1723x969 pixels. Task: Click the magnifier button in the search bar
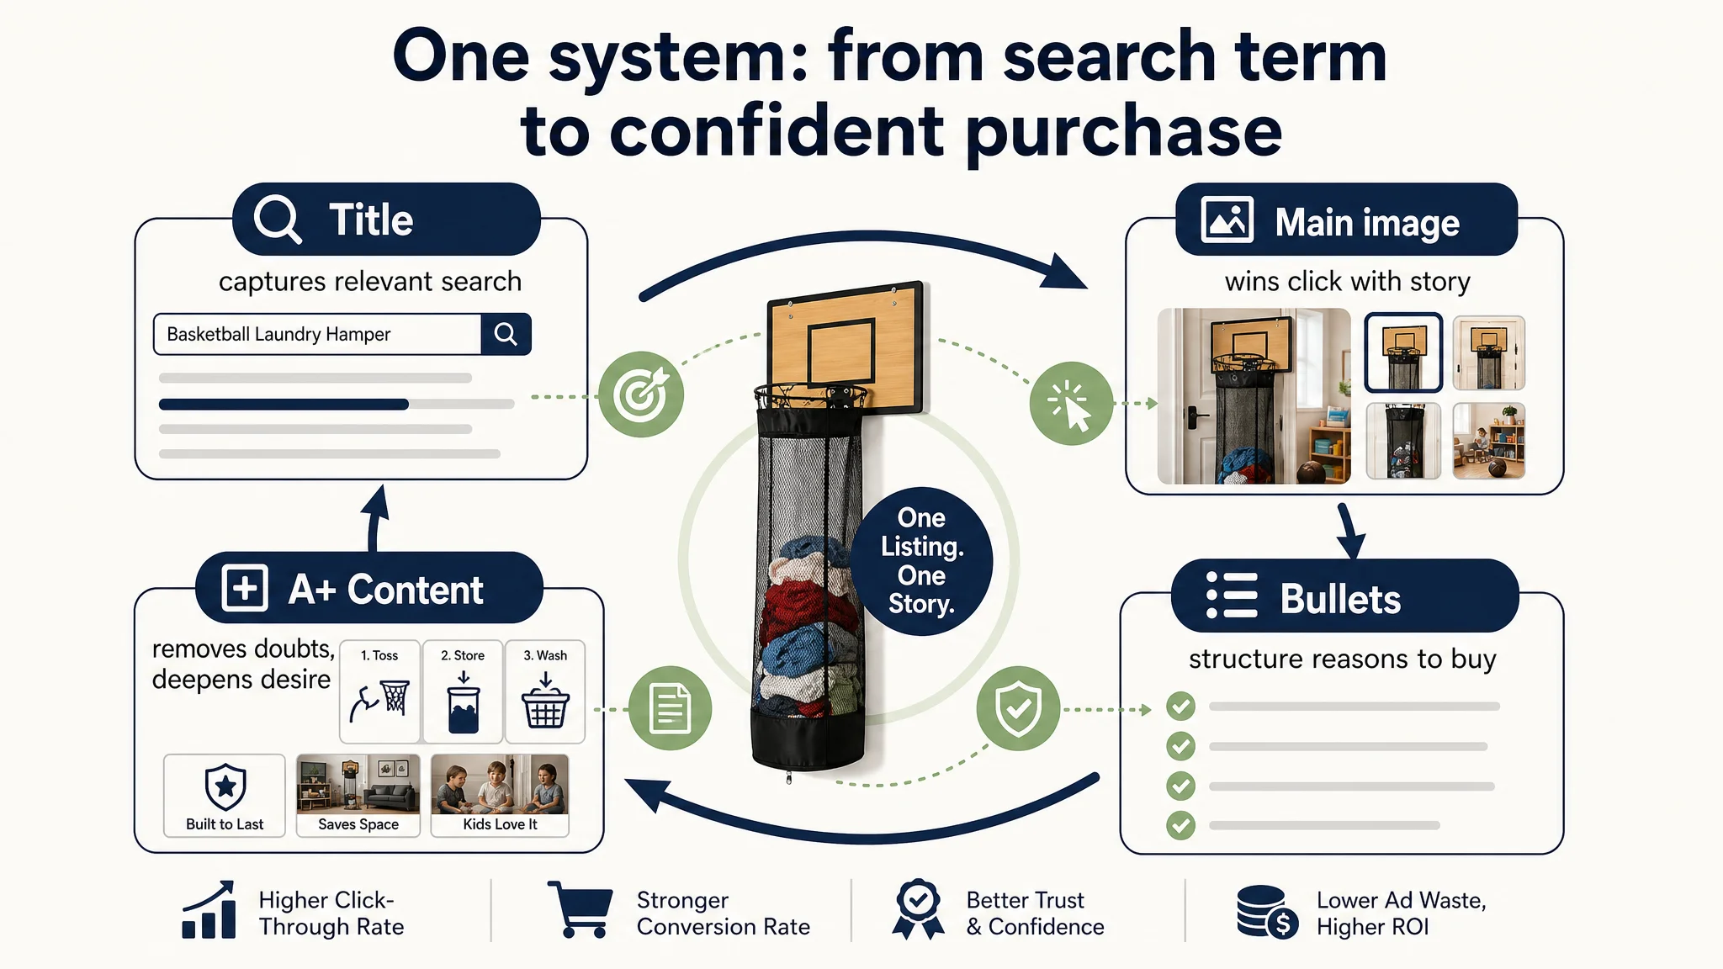(x=506, y=334)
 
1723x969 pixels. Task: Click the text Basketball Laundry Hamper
(x=278, y=334)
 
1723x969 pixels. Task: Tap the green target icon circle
(x=641, y=394)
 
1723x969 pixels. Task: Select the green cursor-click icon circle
(x=1071, y=404)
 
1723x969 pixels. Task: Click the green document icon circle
(x=671, y=708)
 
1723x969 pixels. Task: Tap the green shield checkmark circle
(x=1018, y=708)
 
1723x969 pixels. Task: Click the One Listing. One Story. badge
(x=921, y=561)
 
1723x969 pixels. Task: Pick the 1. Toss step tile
(x=379, y=691)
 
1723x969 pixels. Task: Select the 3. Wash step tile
(x=545, y=691)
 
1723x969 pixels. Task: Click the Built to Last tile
(x=225, y=795)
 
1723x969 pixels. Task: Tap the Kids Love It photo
(x=500, y=795)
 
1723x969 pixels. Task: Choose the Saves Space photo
(x=358, y=795)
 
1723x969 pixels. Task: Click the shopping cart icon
(x=580, y=909)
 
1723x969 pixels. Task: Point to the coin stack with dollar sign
(x=1268, y=912)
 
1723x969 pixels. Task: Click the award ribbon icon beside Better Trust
(x=918, y=909)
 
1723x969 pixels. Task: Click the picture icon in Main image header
(x=1227, y=220)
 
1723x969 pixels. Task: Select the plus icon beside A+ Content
(x=245, y=587)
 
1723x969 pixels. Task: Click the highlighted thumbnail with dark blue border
(x=1403, y=352)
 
